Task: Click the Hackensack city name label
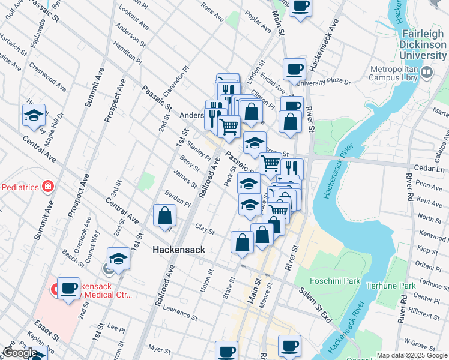(178, 250)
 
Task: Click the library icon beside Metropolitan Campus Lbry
(427, 73)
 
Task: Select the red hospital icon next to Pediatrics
(47, 187)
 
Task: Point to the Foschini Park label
(334, 281)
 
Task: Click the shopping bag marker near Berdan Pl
(164, 216)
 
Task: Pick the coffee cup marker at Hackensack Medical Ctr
(68, 289)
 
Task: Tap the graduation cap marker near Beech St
(119, 259)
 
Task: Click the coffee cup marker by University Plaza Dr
(294, 70)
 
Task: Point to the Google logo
(20, 353)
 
